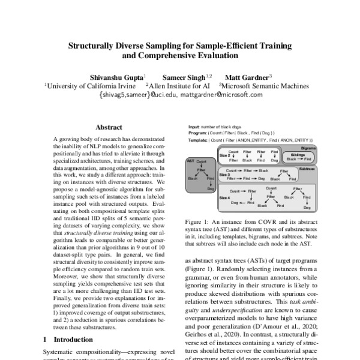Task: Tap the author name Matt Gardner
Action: point(246,77)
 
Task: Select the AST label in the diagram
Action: point(190,161)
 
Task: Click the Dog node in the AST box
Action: point(211,188)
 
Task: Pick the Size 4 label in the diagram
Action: point(225,197)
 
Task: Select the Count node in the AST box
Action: point(202,161)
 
